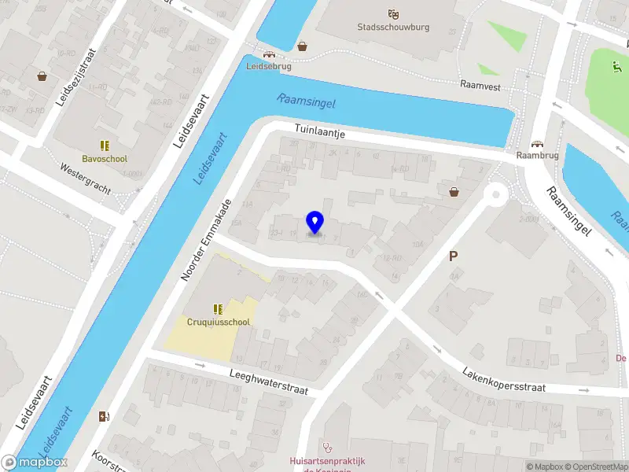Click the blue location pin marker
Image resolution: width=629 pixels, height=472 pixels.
[x=314, y=223]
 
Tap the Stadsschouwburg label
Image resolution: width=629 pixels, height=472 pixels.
[x=394, y=27]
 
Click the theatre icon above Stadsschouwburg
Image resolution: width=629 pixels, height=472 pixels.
[x=394, y=13]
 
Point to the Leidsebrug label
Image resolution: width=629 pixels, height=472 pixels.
[x=269, y=67]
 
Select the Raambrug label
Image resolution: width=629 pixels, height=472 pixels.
[x=537, y=156]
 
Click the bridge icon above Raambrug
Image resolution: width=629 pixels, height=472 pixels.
[x=537, y=143]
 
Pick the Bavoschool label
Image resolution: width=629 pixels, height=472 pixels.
[x=105, y=159]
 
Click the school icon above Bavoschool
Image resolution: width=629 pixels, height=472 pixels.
[x=105, y=146]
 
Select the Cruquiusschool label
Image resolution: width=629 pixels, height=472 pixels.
[x=218, y=322]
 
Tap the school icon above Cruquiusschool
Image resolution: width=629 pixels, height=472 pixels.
[x=218, y=308]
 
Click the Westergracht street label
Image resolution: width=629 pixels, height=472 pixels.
[x=85, y=179]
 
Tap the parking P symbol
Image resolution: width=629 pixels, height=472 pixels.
[x=453, y=256]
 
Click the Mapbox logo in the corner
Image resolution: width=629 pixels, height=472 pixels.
[x=34, y=463]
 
